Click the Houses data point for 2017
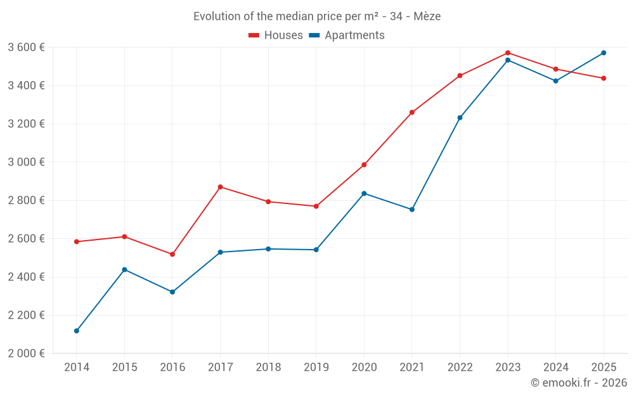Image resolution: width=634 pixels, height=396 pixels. click(x=220, y=187)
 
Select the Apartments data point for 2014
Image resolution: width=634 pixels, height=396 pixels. click(x=77, y=331)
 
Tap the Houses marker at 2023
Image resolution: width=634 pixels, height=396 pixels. click(x=508, y=53)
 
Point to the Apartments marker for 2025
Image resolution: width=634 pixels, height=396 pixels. click(x=604, y=53)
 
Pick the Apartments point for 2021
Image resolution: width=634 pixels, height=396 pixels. click(x=412, y=209)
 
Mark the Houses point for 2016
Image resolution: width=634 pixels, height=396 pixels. click(x=172, y=254)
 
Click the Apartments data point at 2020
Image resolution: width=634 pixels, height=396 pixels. click(x=364, y=193)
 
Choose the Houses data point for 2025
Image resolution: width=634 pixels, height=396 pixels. click(x=604, y=78)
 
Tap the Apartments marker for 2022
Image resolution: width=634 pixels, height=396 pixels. click(x=460, y=117)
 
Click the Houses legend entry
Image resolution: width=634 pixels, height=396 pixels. click(x=276, y=35)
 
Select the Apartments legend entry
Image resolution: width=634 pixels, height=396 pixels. click(x=347, y=35)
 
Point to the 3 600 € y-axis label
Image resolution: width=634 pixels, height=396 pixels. click(x=26, y=48)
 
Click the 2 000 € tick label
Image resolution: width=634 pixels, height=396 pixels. click(x=26, y=354)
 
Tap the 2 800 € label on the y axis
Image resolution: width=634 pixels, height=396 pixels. click(x=26, y=200)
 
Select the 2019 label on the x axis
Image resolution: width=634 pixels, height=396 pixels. click(x=316, y=367)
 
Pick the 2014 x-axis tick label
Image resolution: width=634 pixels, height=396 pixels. click(x=77, y=367)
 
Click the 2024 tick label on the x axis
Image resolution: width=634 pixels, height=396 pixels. click(x=556, y=367)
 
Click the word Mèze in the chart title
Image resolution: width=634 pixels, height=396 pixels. click(x=427, y=16)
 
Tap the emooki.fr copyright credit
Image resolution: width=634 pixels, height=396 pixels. click(x=579, y=383)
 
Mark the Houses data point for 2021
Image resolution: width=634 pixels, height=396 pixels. click(x=412, y=112)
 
